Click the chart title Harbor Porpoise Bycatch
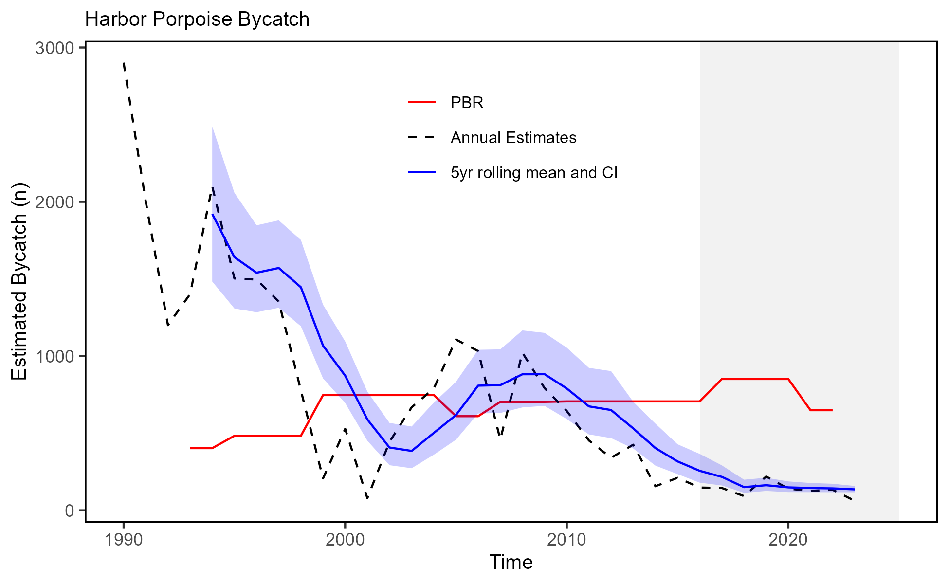[x=197, y=20]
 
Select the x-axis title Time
[x=511, y=563]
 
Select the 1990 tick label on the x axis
[x=124, y=540]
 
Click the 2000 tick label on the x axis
[x=345, y=540]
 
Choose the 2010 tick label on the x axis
[x=566, y=540]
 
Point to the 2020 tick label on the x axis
[x=788, y=540]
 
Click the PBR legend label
[x=467, y=103]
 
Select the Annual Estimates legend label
[x=513, y=138]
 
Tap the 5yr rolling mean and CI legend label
[x=534, y=173]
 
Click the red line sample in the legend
[x=422, y=102]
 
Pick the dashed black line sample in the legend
[x=422, y=138]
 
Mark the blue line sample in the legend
[x=422, y=172]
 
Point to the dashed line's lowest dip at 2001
[x=367, y=498]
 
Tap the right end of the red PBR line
[x=832, y=410]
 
